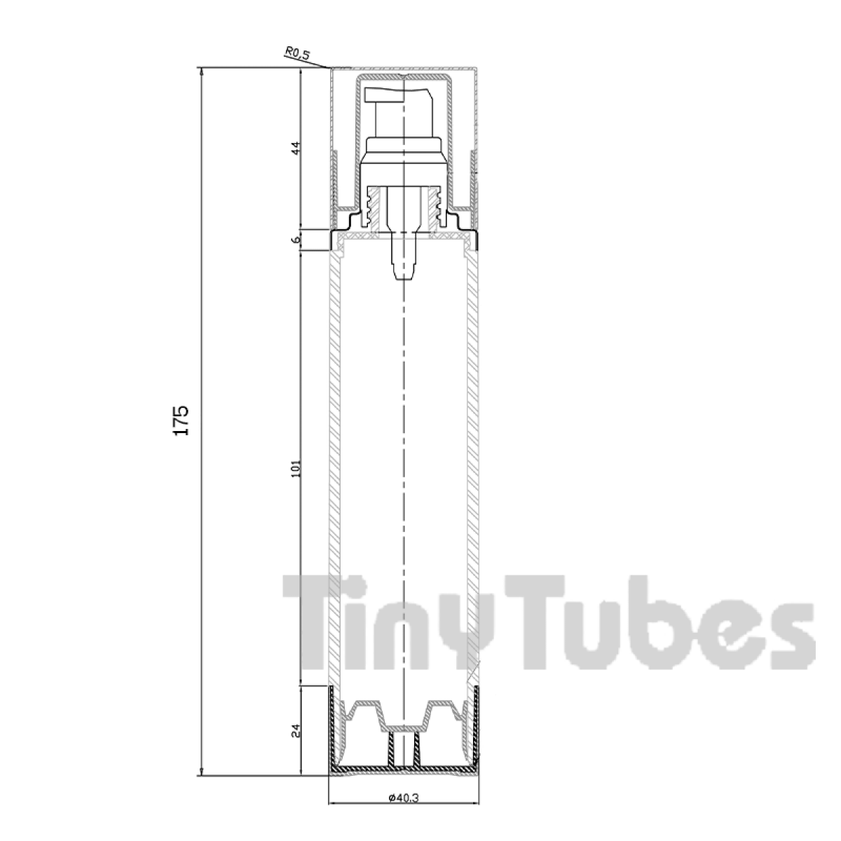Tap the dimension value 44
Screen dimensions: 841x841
[x=296, y=147]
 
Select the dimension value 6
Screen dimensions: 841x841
[x=296, y=240]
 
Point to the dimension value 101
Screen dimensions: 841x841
[x=296, y=468]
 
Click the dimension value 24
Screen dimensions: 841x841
[x=296, y=731]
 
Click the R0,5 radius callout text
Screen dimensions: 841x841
[x=298, y=53]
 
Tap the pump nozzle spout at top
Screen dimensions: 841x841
[x=398, y=95]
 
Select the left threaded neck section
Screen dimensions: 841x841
[x=372, y=208]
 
